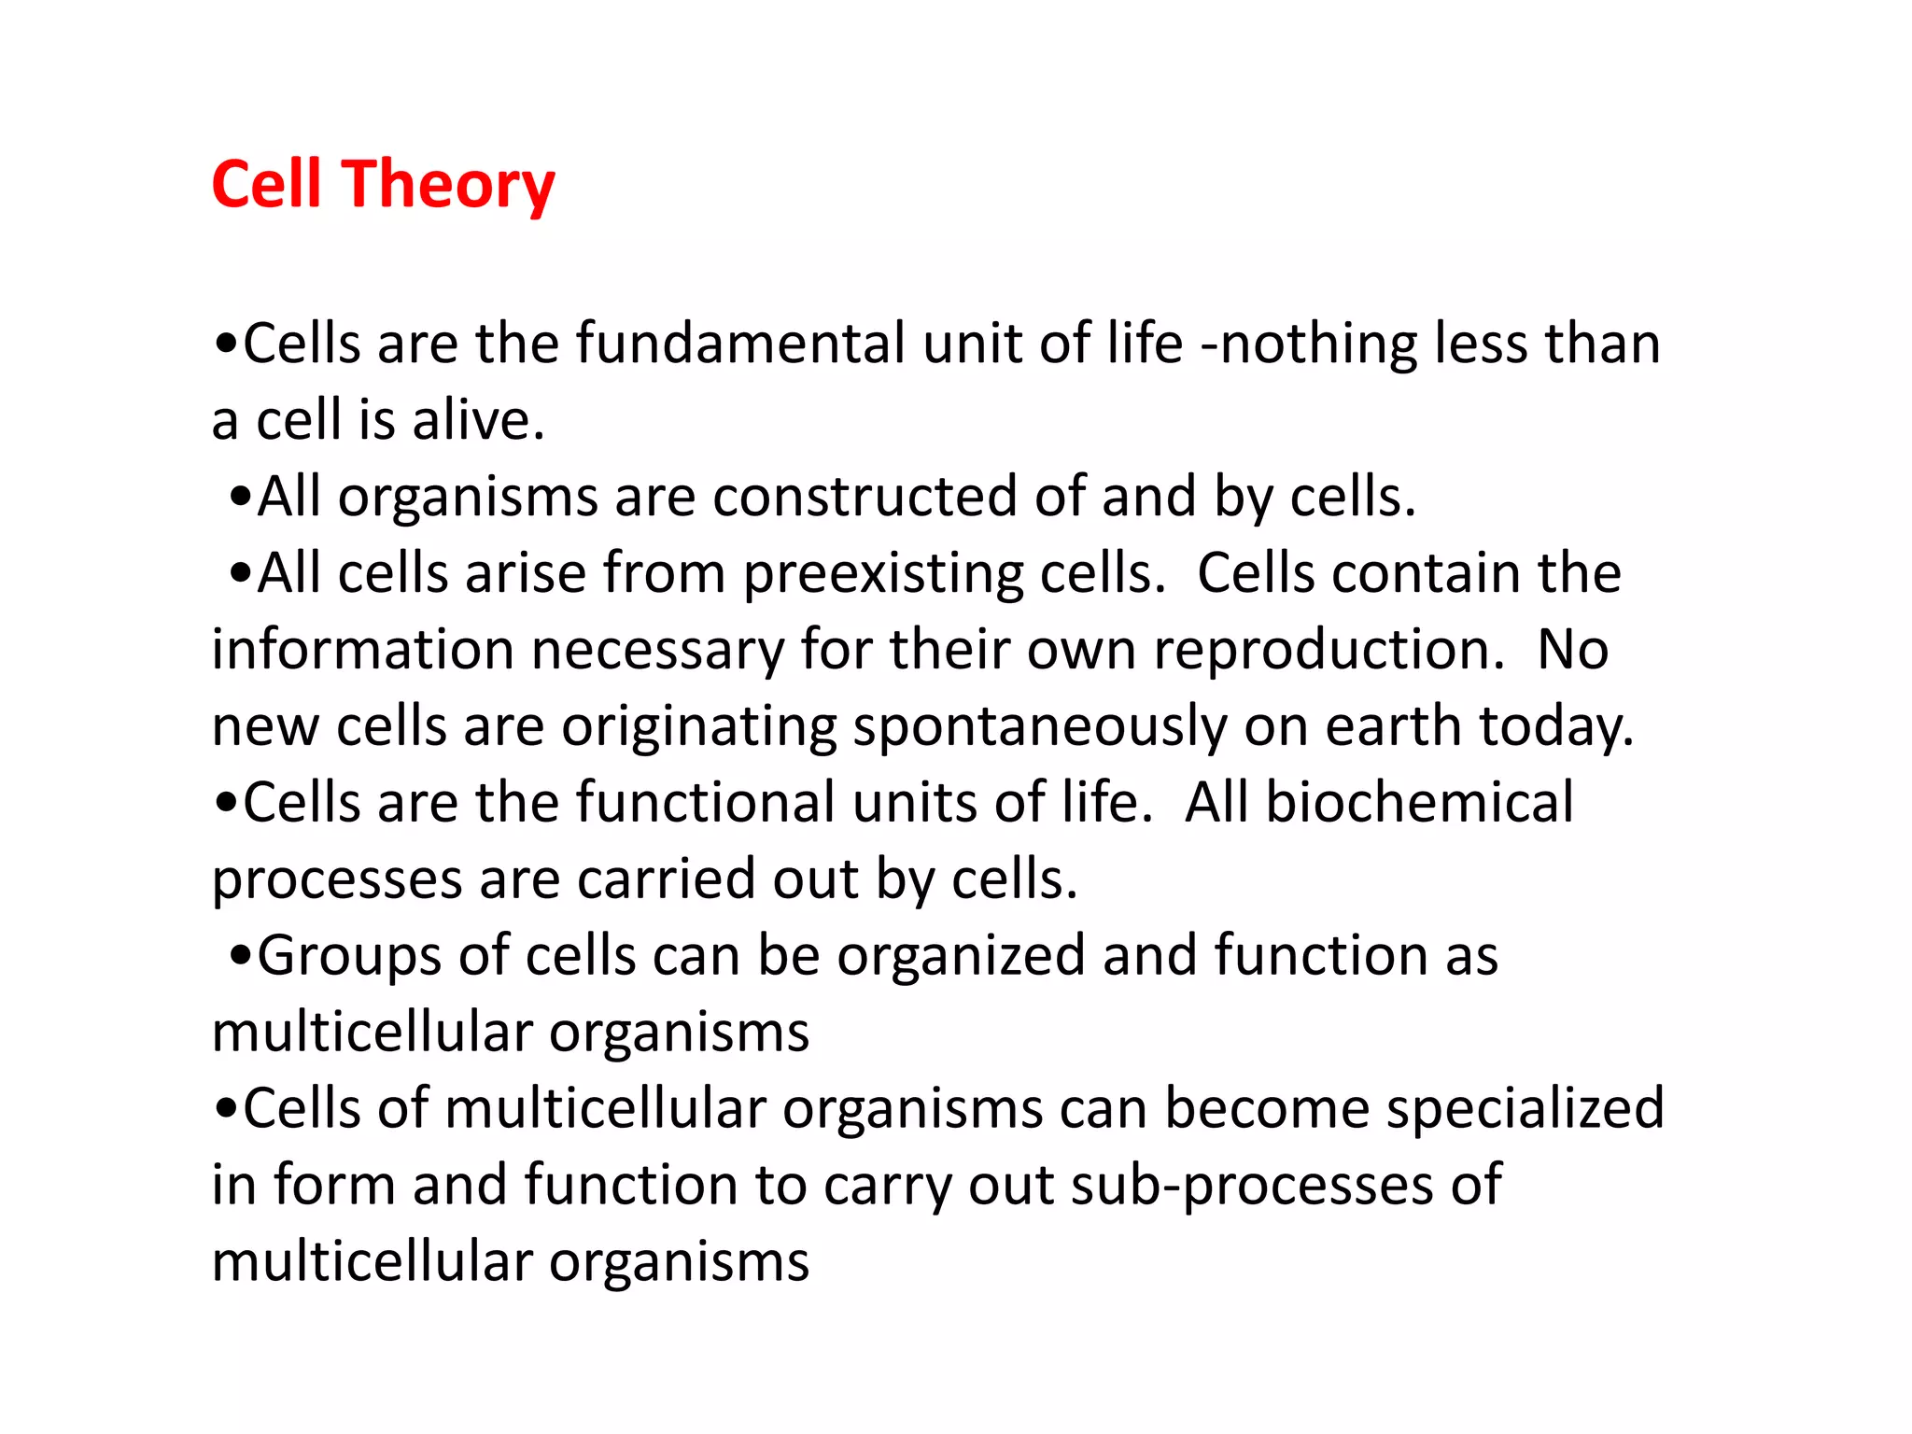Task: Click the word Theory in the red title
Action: click(x=451, y=185)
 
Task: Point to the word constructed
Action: click(x=865, y=497)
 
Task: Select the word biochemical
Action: click(x=1419, y=803)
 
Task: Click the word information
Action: click(x=362, y=650)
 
